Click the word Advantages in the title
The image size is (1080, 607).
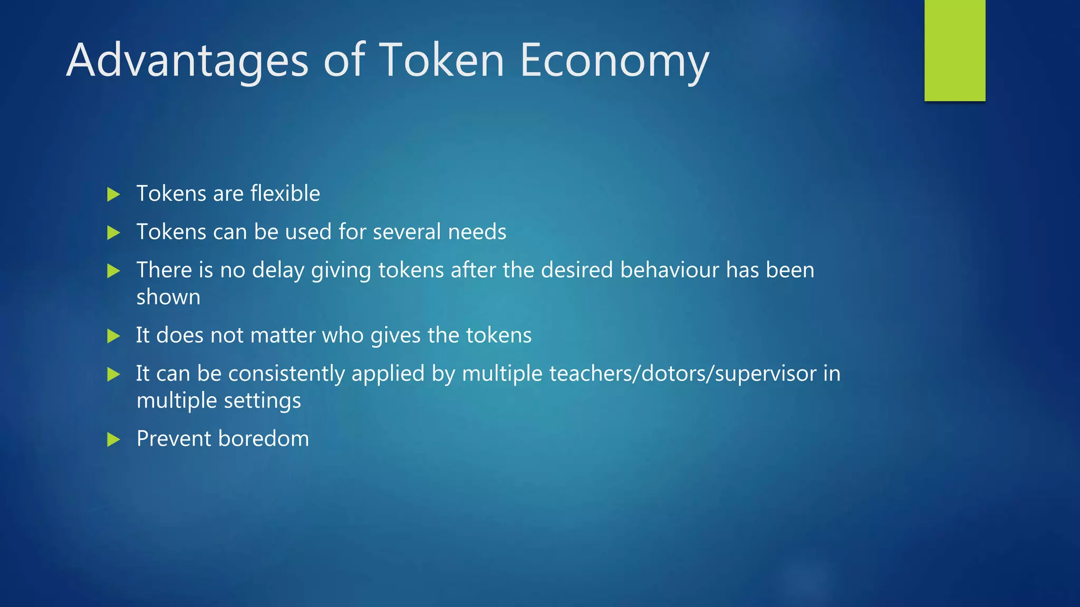(x=187, y=61)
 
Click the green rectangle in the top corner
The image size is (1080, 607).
(x=954, y=50)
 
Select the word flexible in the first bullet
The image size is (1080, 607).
(x=285, y=193)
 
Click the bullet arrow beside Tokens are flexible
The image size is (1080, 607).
(x=113, y=194)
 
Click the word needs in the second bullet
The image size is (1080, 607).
(x=477, y=232)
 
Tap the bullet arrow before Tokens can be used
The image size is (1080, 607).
(x=113, y=232)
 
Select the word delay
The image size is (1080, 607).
(x=278, y=270)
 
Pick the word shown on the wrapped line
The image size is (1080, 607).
(x=168, y=297)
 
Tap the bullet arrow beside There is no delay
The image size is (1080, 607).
(x=113, y=271)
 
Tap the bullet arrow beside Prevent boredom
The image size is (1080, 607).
(x=113, y=439)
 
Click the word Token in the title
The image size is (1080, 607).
(x=442, y=61)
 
